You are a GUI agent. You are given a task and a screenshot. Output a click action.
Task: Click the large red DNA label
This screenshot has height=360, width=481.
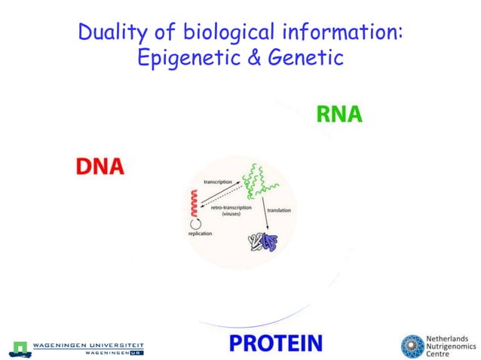click(100, 166)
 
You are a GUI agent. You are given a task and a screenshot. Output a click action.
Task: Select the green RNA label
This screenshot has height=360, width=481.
click(339, 114)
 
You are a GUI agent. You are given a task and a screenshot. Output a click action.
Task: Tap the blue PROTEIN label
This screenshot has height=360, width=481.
click(276, 343)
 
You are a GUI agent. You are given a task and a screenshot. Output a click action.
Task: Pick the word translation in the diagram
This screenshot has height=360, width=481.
click(279, 210)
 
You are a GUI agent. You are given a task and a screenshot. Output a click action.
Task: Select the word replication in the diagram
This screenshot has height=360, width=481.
click(200, 234)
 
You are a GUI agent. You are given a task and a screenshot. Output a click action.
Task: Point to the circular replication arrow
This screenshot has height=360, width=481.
click(195, 223)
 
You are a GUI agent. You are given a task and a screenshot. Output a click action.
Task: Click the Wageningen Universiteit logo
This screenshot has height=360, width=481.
click(75, 348)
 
